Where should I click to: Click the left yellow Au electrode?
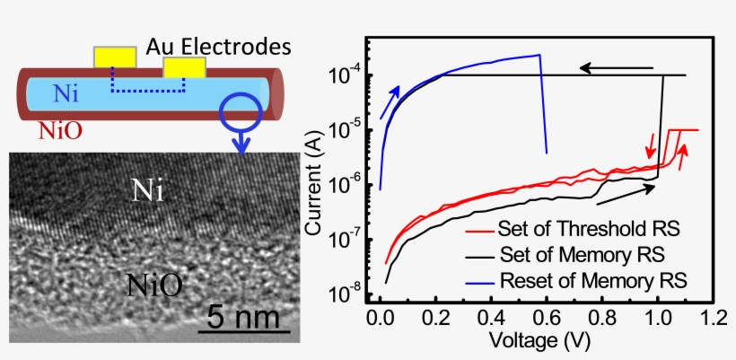pos(115,57)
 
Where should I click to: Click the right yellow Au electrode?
pos(183,68)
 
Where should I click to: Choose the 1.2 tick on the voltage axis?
pos(713,317)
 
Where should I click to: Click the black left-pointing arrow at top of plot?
pos(615,67)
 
